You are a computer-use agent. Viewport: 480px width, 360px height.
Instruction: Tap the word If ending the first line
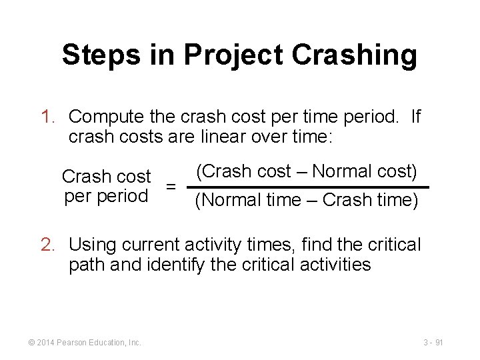(x=415, y=117)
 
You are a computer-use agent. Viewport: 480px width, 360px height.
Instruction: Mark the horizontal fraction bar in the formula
(x=307, y=187)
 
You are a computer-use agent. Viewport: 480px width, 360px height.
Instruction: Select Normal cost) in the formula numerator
(x=365, y=171)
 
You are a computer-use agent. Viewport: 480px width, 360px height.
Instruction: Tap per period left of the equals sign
(x=106, y=197)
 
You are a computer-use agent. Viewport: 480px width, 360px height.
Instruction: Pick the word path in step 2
(x=85, y=265)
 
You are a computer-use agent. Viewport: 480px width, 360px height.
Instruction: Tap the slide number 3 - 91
(x=433, y=342)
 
